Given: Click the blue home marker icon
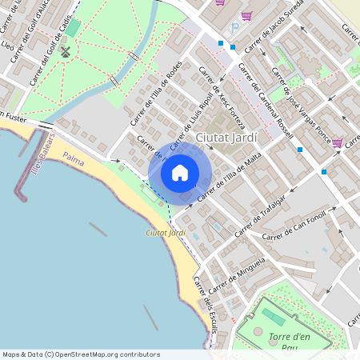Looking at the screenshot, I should tap(180, 172).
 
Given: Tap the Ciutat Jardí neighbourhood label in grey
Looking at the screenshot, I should tap(226, 138).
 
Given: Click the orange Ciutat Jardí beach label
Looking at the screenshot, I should tap(166, 232).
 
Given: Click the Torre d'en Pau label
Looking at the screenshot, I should tap(289, 342).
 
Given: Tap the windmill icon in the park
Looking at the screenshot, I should tap(66, 52).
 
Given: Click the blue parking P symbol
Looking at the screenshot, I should tap(234, 28).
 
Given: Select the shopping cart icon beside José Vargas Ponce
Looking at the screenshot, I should tap(337, 143).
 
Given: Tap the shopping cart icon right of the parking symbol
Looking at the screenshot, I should tap(247, 16).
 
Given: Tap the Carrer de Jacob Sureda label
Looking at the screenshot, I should tap(289, 21).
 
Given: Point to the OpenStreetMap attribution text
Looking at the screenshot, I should tap(80, 354).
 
